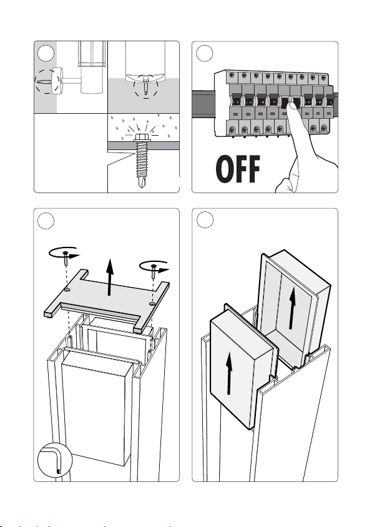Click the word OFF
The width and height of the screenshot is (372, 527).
(238, 169)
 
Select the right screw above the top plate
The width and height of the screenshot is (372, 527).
(154, 271)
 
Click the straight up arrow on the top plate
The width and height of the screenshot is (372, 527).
(109, 277)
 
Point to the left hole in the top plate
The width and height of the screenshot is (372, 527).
(67, 289)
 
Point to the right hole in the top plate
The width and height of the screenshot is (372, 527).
(152, 304)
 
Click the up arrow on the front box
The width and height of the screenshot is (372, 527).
(229, 373)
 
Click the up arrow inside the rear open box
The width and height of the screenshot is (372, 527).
(292, 308)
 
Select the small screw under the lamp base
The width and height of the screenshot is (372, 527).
(146, 84)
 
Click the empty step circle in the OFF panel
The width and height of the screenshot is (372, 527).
(205, 53)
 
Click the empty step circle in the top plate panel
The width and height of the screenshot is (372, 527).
(46, 221)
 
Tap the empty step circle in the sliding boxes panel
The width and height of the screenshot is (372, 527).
(205, 220)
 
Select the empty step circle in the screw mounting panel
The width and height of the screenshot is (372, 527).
(46, 53)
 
